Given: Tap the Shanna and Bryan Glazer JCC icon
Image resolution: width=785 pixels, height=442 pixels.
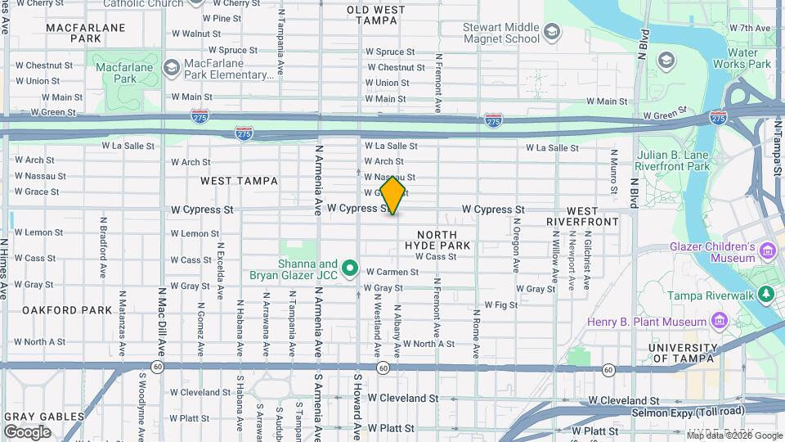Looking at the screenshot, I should click(351, 268).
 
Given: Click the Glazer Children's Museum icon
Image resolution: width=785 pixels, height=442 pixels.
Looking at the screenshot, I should click(768, 250).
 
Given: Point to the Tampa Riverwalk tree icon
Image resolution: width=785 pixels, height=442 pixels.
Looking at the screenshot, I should click(766, 294).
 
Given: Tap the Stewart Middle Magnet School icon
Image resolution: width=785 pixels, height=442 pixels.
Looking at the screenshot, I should click(553, 31).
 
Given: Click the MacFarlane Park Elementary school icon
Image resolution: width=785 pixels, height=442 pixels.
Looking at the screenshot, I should click(172, 65).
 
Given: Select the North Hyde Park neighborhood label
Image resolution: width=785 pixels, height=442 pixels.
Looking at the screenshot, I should click(437, 239).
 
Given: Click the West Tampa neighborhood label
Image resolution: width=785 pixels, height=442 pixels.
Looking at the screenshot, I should click(239, 181).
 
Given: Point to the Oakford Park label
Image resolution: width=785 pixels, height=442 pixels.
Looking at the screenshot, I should click(66, 310).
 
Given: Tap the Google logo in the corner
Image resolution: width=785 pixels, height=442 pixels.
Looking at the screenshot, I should click(27, 431).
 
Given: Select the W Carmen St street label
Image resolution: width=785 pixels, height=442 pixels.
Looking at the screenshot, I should click(392, 272).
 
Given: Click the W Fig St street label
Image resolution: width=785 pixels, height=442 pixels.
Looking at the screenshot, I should click(501, 304).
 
